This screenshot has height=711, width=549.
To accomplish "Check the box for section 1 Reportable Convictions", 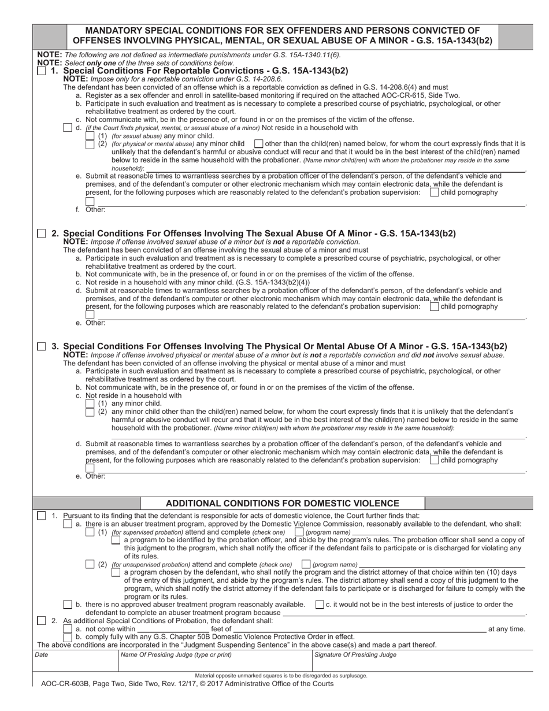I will pyautogui.click(x=42, y=71).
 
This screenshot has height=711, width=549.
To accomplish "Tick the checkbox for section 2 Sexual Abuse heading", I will pyautogui.click(x=42, y=234).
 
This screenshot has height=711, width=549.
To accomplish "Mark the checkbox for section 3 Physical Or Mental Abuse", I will pyautogui.click(x=42, y=346).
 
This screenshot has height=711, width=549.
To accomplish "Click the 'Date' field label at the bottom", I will pyautogui.click(x=42, y=655).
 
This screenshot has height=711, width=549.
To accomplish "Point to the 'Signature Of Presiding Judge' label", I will pyautogui.click(x=355, y=655).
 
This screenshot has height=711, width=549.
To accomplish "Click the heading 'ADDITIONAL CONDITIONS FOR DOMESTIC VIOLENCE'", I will pyautogui.click(x=282, y=503).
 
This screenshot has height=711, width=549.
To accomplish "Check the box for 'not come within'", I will pyautogui.click(x=68, y=629).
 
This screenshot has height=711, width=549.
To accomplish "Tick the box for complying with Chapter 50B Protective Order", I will pyautogui.click(x=68, y=637).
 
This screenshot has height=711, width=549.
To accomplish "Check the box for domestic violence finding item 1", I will pyautogui.click(x=42, y=516).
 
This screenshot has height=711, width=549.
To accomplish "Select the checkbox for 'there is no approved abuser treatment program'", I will pyautogui.click(x=68, y=605).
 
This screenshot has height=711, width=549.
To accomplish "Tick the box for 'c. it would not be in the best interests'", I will pyautogui.click(x=320, y=605).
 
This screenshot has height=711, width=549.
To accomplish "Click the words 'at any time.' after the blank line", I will pyautogui.click(x=507, y=629).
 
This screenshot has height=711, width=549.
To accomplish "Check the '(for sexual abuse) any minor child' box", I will pyautogui.click(x=90, y=136).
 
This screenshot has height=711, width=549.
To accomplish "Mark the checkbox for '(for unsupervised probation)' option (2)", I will pyautogui.click(x=90, y=564).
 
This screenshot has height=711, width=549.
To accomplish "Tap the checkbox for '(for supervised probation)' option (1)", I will pyautogui.click(x=90, y=532).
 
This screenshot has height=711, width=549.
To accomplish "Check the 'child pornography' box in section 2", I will pyautogui.click(x=434, y=307).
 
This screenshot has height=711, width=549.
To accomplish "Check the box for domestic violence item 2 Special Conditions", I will pyautogui.click(x=42, y=621).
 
